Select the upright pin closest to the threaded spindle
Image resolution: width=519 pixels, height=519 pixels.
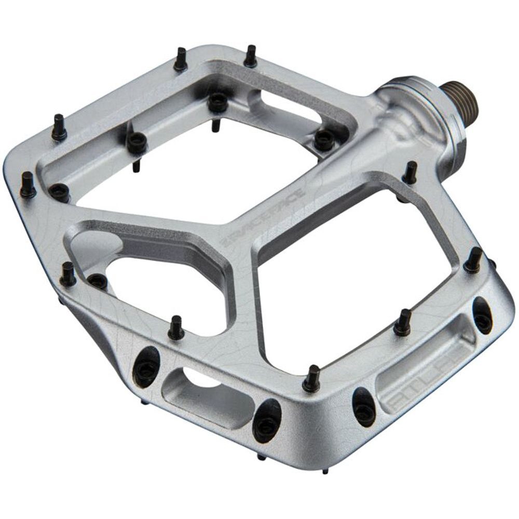coord(410,173)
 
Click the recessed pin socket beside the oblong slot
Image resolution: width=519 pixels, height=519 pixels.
coord(324,139)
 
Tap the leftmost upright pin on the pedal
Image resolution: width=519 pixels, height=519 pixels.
coord(28,185)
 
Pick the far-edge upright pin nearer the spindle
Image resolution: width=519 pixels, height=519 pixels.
coord(250,56)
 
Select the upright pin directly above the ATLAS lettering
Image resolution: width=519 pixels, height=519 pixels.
coord(402,323)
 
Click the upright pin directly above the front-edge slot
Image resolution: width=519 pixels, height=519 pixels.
coord(176,327)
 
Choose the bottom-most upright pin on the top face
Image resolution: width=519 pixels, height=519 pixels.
coord(311,379)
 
